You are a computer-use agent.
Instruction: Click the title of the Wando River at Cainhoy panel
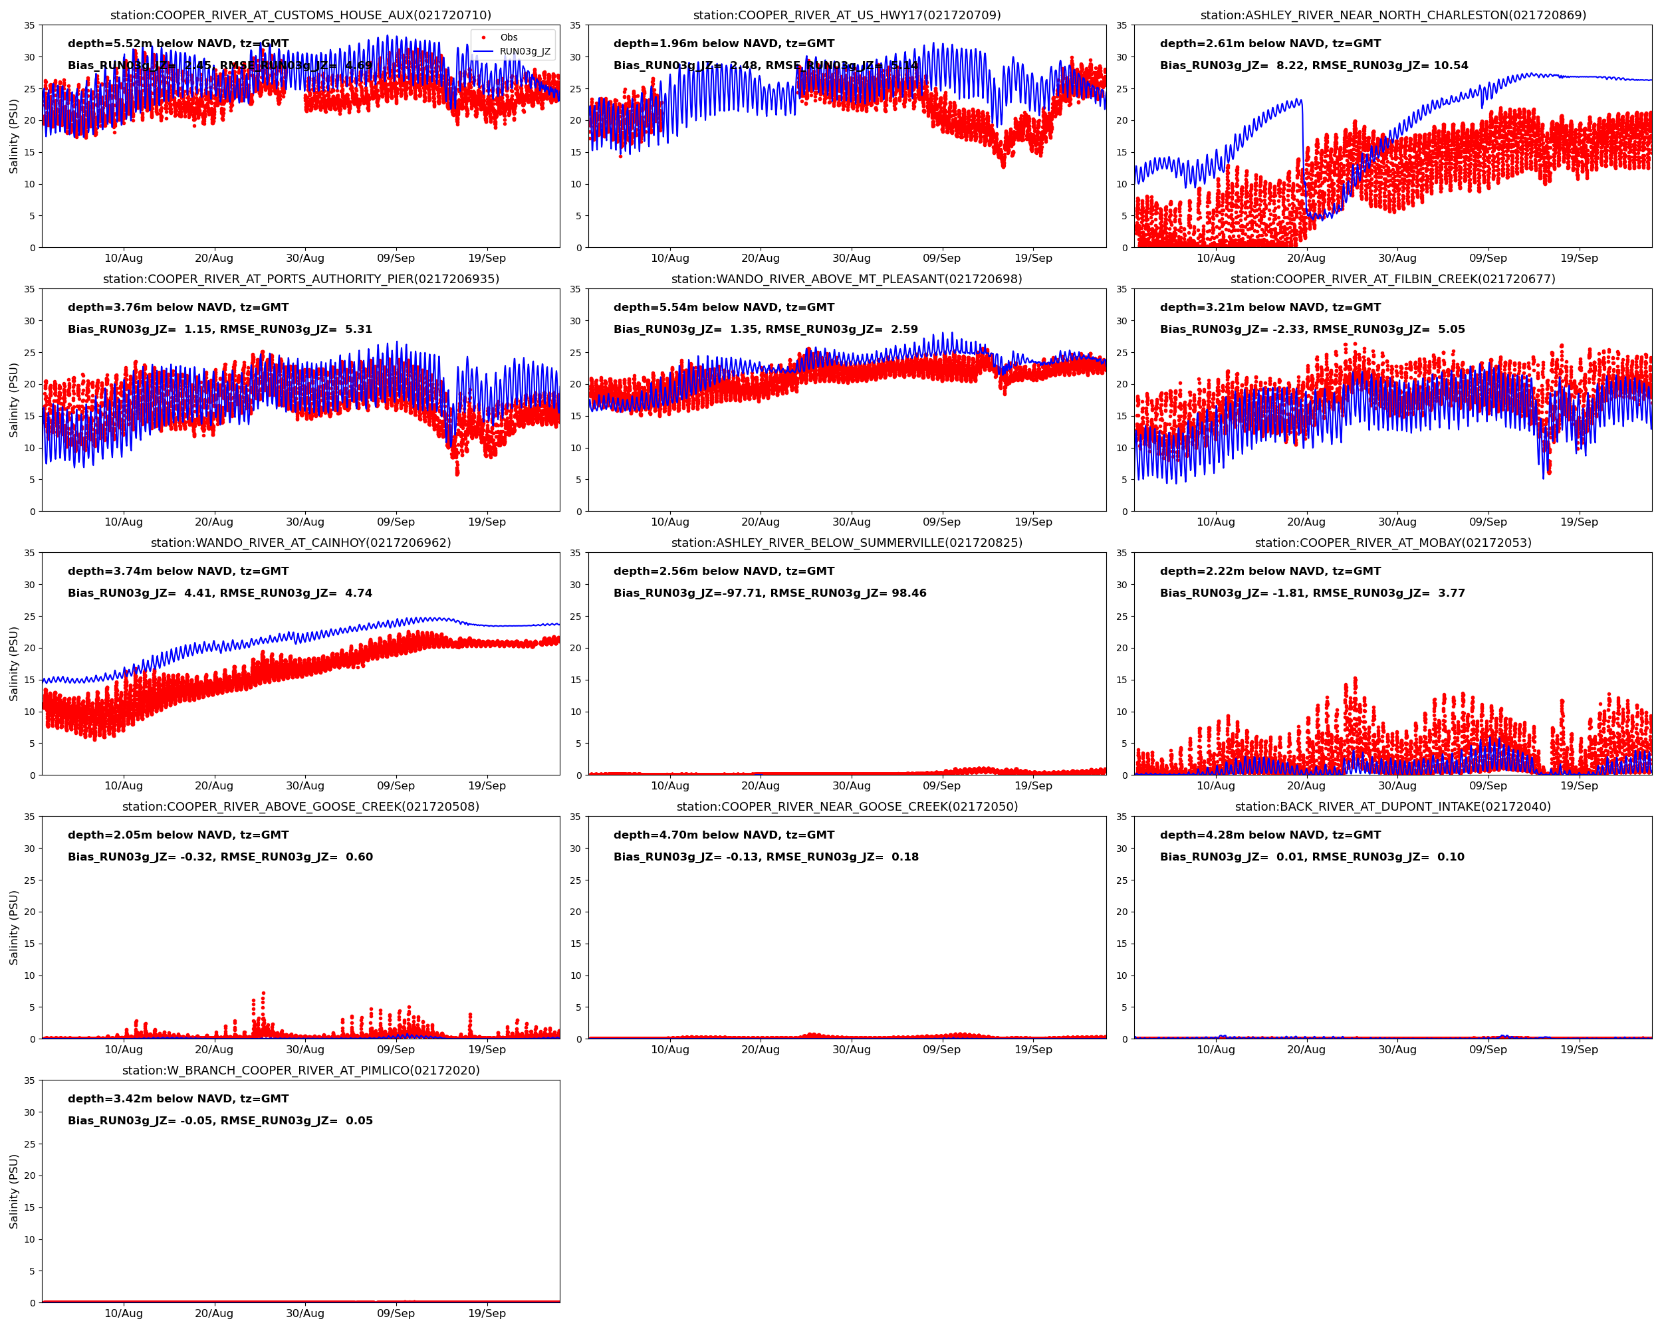(x=300, y=542)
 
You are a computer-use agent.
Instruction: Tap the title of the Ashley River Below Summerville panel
(x=846, y=542)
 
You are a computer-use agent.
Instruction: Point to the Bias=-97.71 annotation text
(x=688, y=593)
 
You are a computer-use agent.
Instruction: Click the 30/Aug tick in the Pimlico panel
(x=304, y=1313)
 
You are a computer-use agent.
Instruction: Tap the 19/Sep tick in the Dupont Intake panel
(x=1579, y=1049)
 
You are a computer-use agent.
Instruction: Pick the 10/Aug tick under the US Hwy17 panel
(x=669, y=258)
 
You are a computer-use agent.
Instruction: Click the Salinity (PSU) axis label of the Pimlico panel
(x=13, y=1190)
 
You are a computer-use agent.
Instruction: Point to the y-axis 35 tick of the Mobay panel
(x=1122, y=553)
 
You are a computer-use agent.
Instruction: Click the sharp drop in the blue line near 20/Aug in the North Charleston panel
(x=1304, y=154)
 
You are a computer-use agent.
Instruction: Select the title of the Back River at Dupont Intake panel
(x=1392, y=807)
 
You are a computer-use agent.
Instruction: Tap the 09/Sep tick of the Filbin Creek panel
(x=1487, y=522)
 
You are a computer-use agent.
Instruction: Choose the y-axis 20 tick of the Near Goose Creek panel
(x=575, y=912)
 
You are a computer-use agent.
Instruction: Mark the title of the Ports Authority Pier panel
(x=300, y=279)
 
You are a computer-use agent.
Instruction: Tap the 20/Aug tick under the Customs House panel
(x=213, y=258)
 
